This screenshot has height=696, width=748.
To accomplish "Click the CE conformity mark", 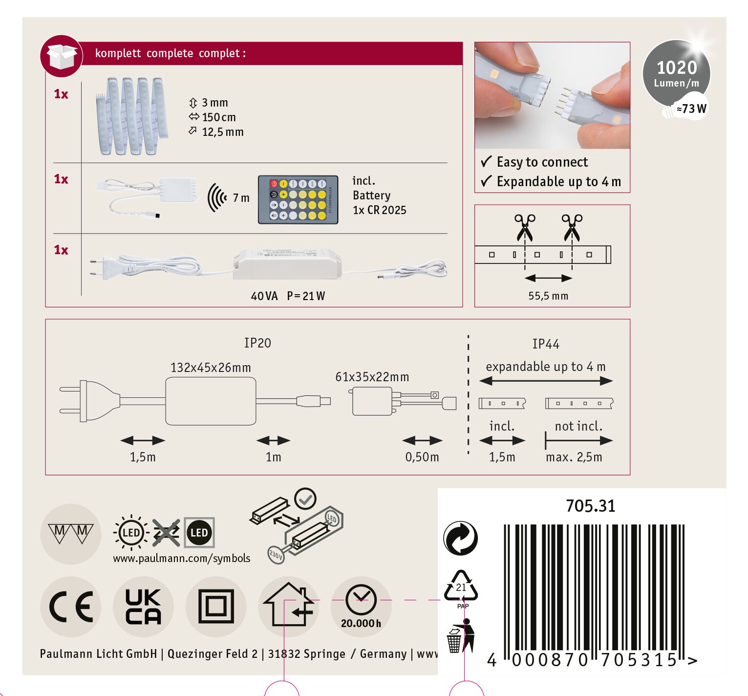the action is click(71, 607).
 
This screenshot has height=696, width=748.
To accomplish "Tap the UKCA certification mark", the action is click(143, 607).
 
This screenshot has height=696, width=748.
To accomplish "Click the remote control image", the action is click(298, 200).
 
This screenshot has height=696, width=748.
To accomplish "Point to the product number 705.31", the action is click(591, 506).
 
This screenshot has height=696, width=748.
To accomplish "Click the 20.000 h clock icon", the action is click(361, 606).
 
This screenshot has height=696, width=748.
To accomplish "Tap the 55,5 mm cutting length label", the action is click(548, 296).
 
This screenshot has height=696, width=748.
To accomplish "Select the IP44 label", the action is click(546, 344).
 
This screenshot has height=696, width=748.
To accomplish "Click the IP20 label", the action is click(257, 343).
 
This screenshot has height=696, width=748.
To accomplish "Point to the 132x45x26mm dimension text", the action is click(211, 368).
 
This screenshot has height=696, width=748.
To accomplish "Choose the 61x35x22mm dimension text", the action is click(372, 377).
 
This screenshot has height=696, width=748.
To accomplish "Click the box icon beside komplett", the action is click(62, 56).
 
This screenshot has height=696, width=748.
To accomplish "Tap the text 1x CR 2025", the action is click(380, 210).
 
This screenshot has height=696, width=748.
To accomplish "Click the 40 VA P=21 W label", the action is click(288, 296).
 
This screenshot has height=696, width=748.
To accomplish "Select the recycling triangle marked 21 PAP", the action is click(461, 588).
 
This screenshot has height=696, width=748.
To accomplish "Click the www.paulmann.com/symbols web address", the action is click(182, 558).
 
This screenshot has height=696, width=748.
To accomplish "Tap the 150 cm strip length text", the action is click(219, 117).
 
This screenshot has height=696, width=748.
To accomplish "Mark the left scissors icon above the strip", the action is click(525, 227).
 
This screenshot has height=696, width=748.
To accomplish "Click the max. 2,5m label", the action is click(574, 457).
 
